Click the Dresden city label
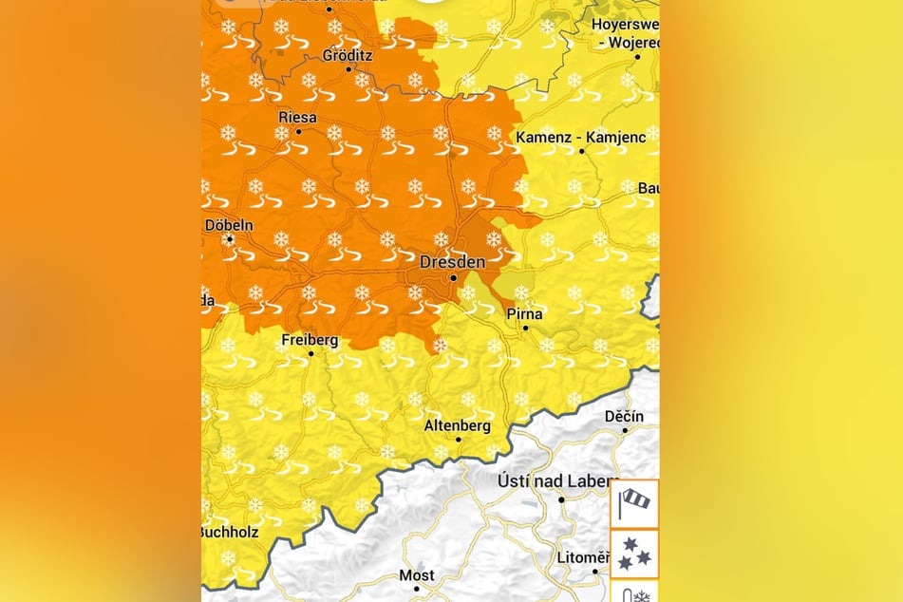tap(452, 261)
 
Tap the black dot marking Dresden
tap(454, 278)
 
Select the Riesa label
tap(297, 117)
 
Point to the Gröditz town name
tap(348, 55)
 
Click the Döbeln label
tap(229, 225)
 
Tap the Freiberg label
tap(310, 339)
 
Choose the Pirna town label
tap(525, 313)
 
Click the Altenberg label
tap(458, 423)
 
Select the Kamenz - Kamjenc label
tap(580, 138)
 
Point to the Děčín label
tap(624, 416)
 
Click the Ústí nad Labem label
tap(557, 481)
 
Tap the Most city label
tap(416, 574)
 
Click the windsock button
tap(633, 503)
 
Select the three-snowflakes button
tap(633, 555)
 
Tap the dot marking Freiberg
tap(310, 353)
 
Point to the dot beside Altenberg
tap(459, 439)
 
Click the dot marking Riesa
tap(298, 131)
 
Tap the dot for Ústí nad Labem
tap(561, 499)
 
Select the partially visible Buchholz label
tap(231, 532)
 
